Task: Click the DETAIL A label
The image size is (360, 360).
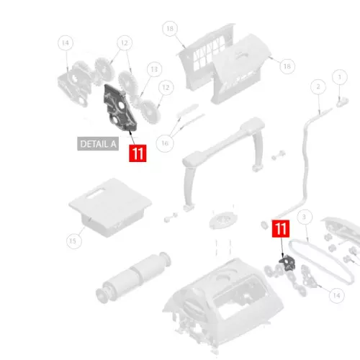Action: [x=98, y=144]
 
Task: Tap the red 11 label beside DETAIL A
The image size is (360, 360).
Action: [x=138, y=153]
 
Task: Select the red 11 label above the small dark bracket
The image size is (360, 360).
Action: [x=281, y=228]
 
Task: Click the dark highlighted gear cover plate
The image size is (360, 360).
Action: [x=120, y=108]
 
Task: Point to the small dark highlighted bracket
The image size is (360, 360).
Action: [x=287, y=264]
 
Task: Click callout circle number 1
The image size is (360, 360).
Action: [x=340, y=77]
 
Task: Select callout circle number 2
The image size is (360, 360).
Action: [x=318, y=86]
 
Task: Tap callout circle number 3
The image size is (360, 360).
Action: [x=305, y=217]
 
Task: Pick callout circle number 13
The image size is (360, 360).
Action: [x=154, y=69]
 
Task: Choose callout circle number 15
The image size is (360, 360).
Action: [x=74, y=240]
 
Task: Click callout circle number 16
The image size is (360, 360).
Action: [x=165, y=143]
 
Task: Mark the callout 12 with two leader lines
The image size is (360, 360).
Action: [x=125, y=43]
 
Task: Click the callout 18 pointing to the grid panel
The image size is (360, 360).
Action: [x=170, y=29]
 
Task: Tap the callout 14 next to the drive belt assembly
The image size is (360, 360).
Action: [x=336, y=295]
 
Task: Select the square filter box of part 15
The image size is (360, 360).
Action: [x=110, y=207]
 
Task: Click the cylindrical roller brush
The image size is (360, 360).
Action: [x=133, y=277]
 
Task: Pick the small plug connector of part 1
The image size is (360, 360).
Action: [x=343, y=102]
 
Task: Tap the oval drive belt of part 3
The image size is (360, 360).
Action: [x=322, y=261]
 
